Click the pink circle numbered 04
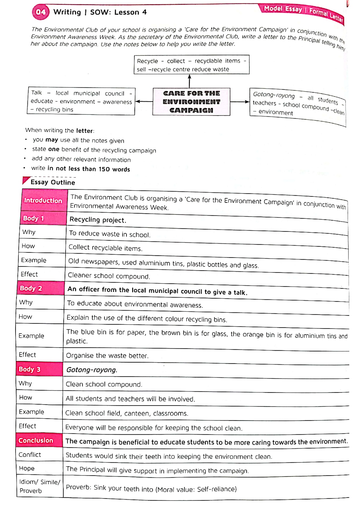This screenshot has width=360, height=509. point(40,12)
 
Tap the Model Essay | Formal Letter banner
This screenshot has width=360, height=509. point(303,12)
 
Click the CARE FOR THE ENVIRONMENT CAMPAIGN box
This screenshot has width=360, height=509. point(191,102)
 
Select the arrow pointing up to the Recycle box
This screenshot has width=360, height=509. point(189,81)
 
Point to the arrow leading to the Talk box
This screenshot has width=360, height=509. point(144,101)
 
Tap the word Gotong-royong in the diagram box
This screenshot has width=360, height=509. point(273,95)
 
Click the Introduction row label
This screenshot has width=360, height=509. point(43,200)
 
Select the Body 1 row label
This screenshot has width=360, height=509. point(34,218)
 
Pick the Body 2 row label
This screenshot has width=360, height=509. point(31,288)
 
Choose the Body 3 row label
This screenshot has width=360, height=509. point(29,369)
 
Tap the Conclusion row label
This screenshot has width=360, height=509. point(36,440)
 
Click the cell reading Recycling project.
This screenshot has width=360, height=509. point(98,220)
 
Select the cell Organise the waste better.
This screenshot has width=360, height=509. point(107,355)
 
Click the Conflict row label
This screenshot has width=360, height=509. point(30,454)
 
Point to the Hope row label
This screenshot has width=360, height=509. point(27,468)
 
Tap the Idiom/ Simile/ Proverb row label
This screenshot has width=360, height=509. point(39,486)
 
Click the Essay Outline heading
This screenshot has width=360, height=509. point(53,182)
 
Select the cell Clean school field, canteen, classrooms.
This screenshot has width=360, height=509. point(127,413)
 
